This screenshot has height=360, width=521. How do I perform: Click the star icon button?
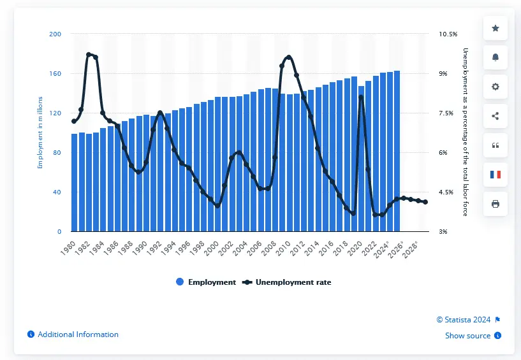tap(495, 28)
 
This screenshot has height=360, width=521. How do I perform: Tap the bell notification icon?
tap(495, 57)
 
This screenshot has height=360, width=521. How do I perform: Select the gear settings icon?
tap(495, 87)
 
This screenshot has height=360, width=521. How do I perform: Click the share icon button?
tap(495, 116)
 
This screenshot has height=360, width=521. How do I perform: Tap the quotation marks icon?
tap(495, 145)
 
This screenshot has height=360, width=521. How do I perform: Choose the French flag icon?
tap(495, 175)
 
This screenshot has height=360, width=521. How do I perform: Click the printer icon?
tap(495, 204)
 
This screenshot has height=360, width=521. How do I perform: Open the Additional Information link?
tap(77, 335)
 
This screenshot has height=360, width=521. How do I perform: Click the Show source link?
tap(467, 336)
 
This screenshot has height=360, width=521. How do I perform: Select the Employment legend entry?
tap(206, 282)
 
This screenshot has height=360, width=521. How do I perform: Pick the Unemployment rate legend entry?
tap(288, 282)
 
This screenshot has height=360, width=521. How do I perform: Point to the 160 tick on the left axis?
tap(55, 74)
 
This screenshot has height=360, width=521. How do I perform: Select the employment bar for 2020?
tap(361, 159)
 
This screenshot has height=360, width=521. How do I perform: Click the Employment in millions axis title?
tap(40, 133)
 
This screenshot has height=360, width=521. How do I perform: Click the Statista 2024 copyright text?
tap(464, 320)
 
